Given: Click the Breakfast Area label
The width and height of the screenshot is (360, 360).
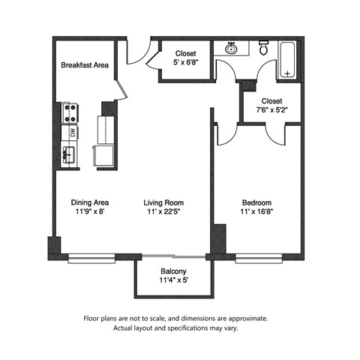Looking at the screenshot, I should (x=85, y=65).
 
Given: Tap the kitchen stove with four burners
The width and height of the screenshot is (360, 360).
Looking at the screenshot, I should (x=70, y=112).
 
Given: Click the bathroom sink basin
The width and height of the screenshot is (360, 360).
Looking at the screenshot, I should (x=232, y=49).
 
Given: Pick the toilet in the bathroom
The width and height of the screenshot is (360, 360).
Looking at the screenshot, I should (x=263, y=48).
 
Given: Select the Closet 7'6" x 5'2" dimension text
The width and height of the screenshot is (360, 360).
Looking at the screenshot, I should (x=271, y=110).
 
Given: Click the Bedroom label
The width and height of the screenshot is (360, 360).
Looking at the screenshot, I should (x=256, y=203).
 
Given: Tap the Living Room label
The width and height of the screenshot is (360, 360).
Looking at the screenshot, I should (x=163, y=203).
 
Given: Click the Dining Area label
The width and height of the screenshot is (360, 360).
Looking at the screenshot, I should (x=90, y=203).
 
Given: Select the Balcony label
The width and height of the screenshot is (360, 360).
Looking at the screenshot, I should (x=173, y=271).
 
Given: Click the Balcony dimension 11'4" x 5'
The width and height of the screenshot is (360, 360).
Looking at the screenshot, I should (x=173, y=282).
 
